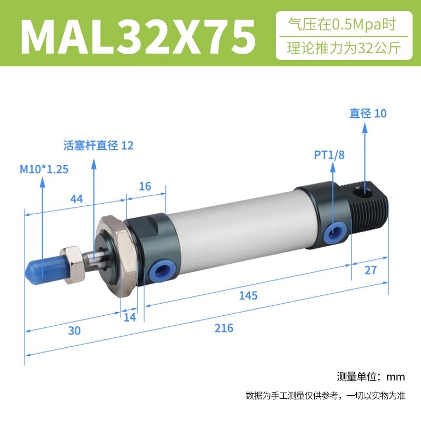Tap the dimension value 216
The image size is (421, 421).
point(224,328)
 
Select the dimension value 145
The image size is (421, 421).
point(248,296)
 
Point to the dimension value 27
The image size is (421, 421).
point(370,270)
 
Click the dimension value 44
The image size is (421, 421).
point(76,199)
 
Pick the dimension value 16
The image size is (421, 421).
point(145,186)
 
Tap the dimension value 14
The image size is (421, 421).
point(129,317)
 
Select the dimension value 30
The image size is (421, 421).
point(74,331)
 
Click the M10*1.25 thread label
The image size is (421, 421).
point(44,169)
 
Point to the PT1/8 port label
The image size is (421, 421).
point(329,155)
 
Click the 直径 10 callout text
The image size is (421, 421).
point(368,113)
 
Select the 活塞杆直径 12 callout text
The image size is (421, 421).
point(98,145)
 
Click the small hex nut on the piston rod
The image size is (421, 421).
point(73,265)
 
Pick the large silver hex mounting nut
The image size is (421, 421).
point(118,256)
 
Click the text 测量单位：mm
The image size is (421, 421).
point(371,377)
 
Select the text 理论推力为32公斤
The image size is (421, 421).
point(344,48)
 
